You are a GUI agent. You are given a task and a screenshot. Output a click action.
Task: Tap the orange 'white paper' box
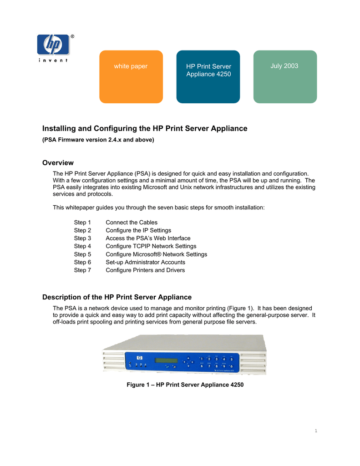[131, 76]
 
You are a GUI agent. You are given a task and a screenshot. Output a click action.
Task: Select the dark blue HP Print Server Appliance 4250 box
[208, 76]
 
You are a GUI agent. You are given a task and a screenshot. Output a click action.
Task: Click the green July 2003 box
[285, 76]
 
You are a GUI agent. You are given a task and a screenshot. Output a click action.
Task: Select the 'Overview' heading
[58, 163]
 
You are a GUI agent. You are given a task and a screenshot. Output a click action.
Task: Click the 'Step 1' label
[82, 223]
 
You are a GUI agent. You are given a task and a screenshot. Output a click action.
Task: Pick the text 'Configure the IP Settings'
[138, 230]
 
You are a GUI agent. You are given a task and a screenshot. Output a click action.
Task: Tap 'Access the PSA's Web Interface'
[148, 238]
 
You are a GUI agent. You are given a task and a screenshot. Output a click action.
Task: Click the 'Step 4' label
[82, 246]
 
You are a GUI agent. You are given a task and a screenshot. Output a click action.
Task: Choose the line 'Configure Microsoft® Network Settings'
[156, 254]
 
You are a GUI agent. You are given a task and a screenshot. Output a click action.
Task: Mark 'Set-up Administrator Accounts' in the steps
[145, 262]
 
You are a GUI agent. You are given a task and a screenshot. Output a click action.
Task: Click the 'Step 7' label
[82, 270]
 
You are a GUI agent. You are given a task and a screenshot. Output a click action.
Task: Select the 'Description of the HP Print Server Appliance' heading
[117, 297]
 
